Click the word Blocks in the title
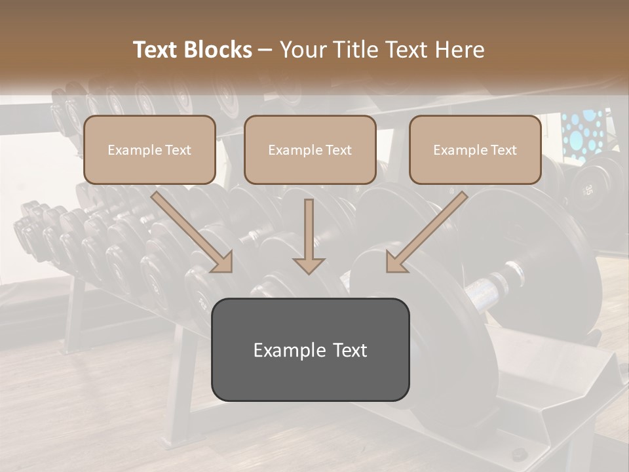click(x=219, y=50)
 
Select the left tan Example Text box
click(x=149, y=150)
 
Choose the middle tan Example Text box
click(x=310, y=150)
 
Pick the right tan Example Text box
click(x=475, y=150)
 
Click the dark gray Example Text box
click(x=310, y=349)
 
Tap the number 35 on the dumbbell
click(x=588, y=190)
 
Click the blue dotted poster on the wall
click(x=582, y=134)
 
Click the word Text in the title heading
click(x=157, y=50)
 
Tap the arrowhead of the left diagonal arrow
click(x=223, y=262)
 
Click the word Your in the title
click(x=301, y=50)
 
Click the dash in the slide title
click(x=265, y=50)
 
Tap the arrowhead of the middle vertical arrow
click(x=309, y=265)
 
